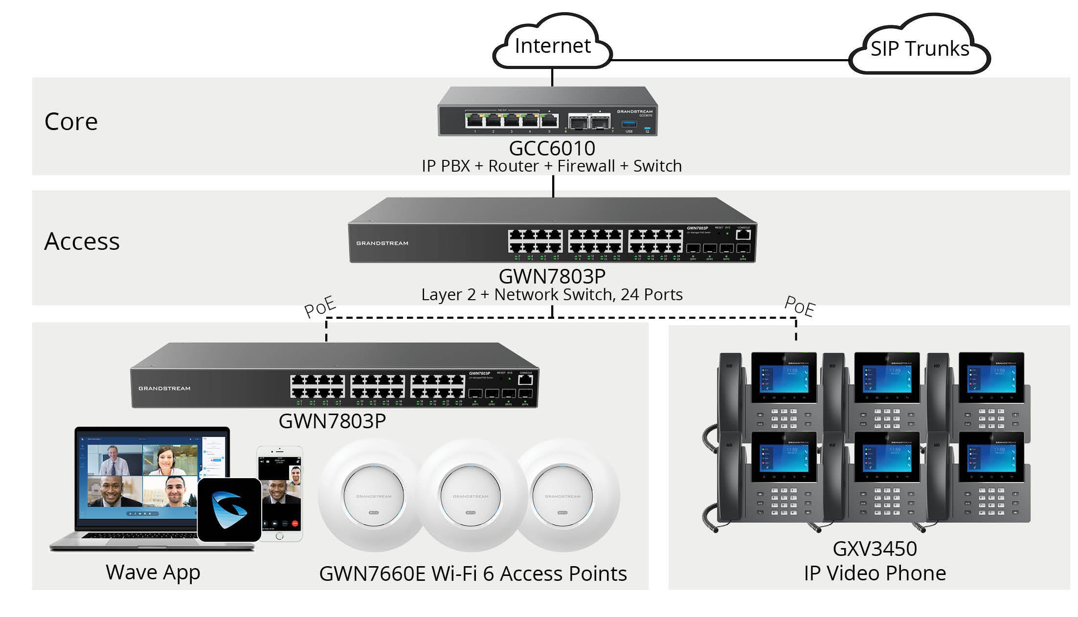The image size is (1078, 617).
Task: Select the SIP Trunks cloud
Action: point(920,48)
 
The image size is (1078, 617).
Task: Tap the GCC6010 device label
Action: point(552,148)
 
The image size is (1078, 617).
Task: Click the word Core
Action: point(71,121)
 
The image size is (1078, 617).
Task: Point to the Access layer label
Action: point(82,241)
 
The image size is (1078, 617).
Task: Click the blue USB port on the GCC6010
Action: point(629,125)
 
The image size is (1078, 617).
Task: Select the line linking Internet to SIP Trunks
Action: point(729,61)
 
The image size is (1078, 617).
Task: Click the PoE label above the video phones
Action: point(800,307)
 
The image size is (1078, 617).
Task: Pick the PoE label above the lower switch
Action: point(320,307)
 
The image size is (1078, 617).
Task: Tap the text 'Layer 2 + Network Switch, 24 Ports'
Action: point(552,294)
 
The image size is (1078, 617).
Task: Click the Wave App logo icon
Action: point(229,510)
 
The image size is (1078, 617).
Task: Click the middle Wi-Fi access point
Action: point(470,496)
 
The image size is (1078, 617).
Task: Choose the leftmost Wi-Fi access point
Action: point(373,496)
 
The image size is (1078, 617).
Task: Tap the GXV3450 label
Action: point(875,549)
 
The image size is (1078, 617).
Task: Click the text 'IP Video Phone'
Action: point(875,573)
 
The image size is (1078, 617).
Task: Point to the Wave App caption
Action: point(153,572)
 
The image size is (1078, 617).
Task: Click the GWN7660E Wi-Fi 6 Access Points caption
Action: point(472,573)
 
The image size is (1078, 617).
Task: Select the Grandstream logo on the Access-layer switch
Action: point(382,243)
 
